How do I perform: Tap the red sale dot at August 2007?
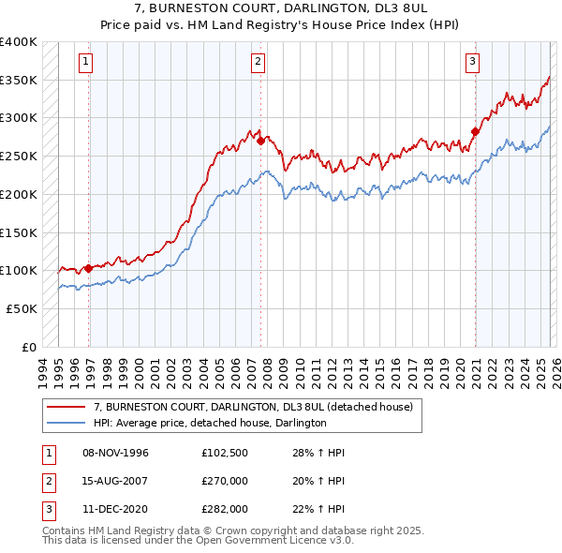coord(260,142)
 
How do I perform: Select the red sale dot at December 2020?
coord(475,132)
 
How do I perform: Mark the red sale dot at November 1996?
coord(89,268)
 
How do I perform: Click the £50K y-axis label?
coord(22,308)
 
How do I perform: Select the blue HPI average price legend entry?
coord(209,424)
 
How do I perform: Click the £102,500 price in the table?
coord(224,453)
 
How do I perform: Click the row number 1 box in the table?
coord(48,453)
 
